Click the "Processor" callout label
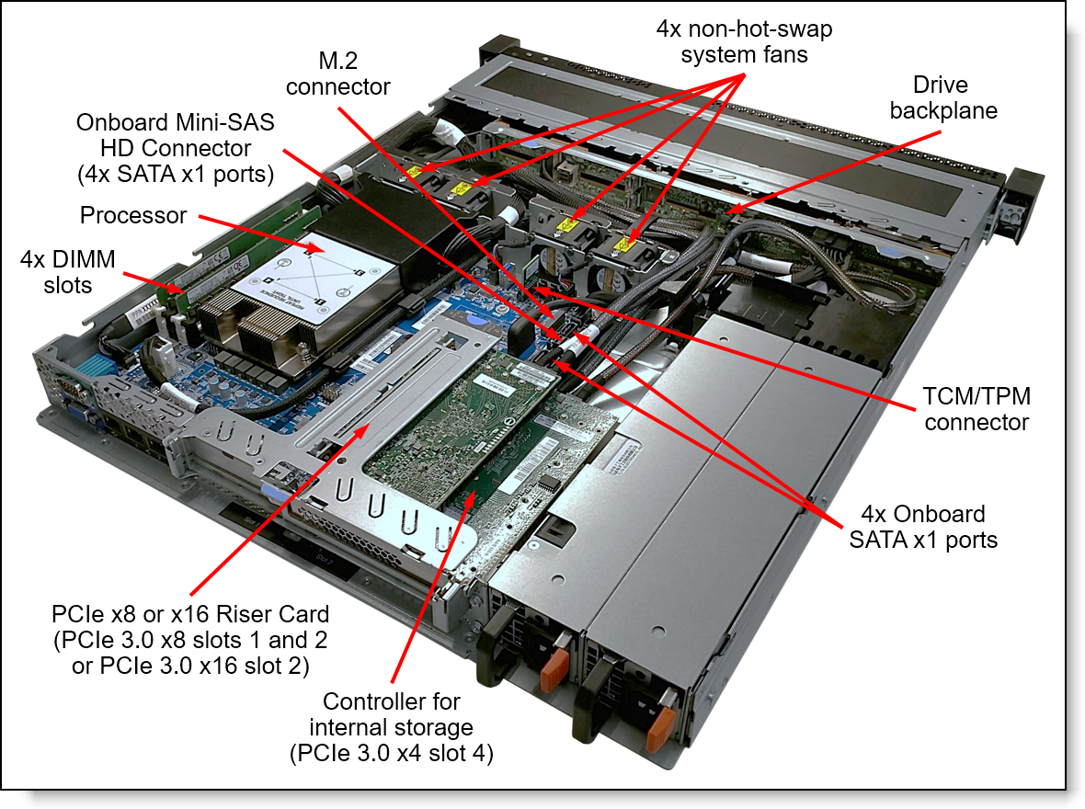coord(133,217)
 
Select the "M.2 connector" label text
coord(337,74)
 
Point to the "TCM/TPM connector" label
coord(976,409)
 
